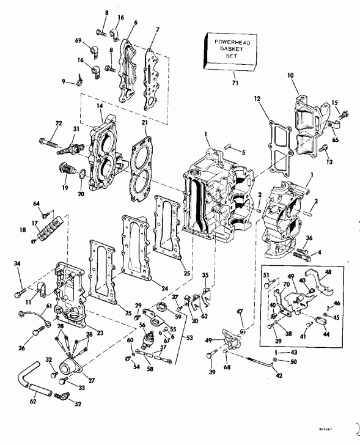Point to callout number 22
pos(58,124)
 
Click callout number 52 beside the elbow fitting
pos(78,404)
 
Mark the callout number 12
pos(257,98)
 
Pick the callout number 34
pos(17,263)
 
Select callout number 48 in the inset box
pos(328,273)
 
